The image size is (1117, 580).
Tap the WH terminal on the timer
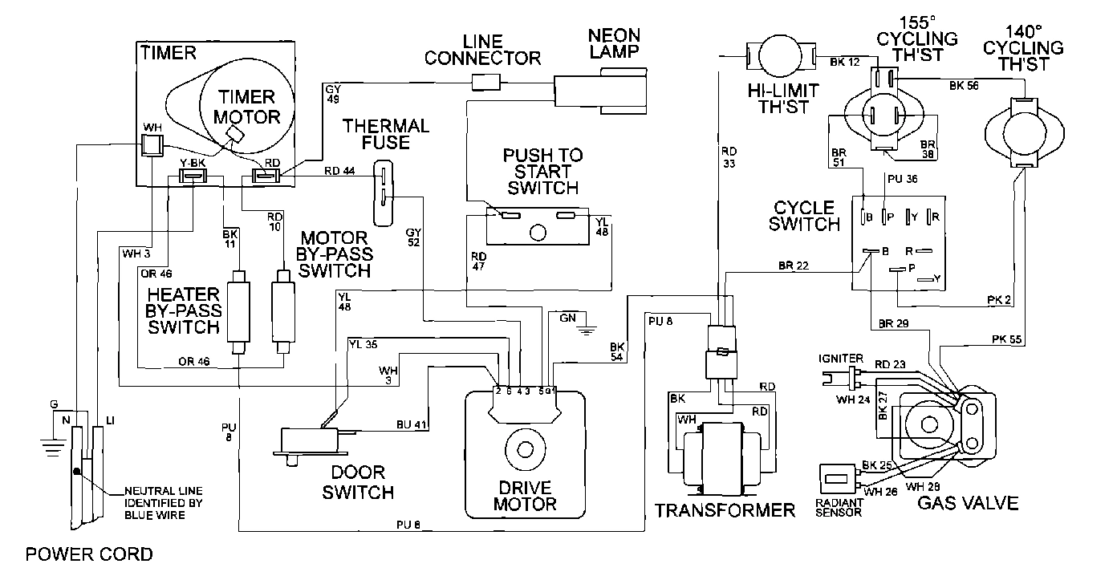[152, 144]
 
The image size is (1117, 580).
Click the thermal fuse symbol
[385, 193]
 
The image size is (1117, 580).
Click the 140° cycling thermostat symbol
[1020, 132]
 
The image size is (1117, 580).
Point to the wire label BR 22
[794, 266]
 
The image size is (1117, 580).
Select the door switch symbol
[311, 441]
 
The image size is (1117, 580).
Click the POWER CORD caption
[89, 554]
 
